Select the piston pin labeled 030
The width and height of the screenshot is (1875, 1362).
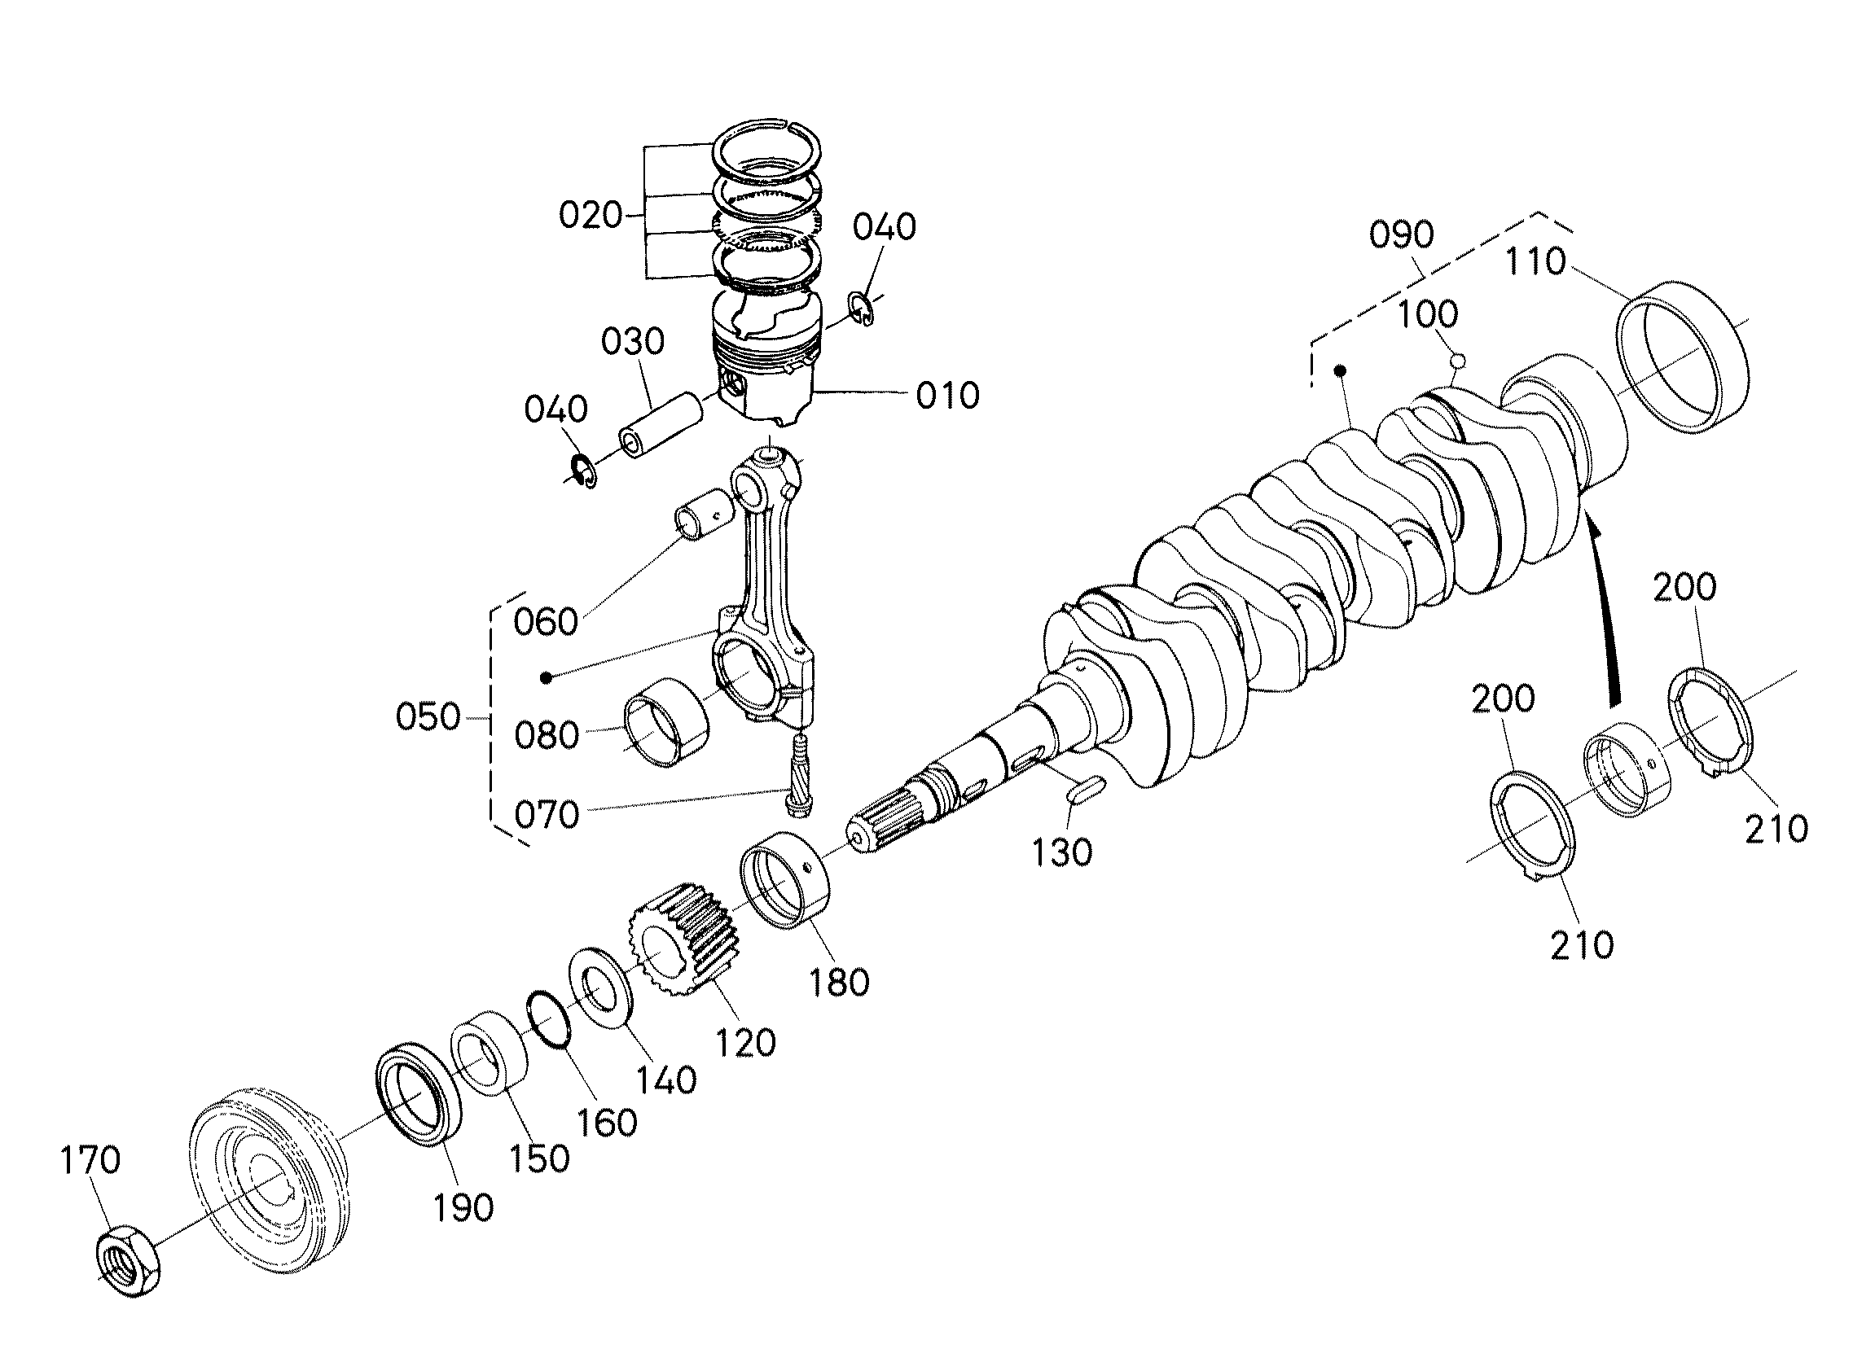pyautogui.click(x=661, y=425)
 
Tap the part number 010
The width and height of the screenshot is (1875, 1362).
pyautogui.click(x=946, y=396)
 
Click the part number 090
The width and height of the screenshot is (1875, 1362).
pyautogui.click(x=1400, y=234)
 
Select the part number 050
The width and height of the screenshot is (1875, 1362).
pyautogui.click(x=428, y=716)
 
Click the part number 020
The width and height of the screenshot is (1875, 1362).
pyautogui.click(x=591, y=215)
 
